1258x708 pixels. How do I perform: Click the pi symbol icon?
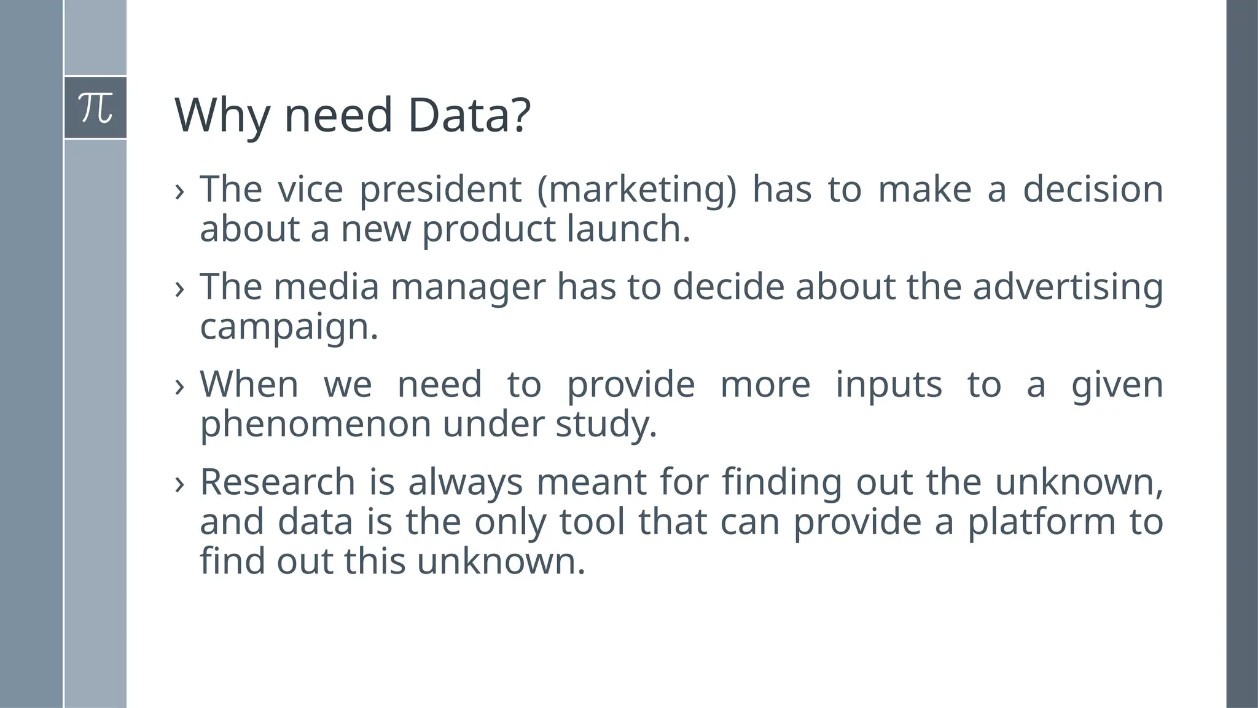coord(96,108)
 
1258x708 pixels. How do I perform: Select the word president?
coord(440,189)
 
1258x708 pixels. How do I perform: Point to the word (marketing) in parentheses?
coord(636,189)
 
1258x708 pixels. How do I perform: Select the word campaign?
coord(289,327)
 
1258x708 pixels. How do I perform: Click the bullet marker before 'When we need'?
coord(179,387)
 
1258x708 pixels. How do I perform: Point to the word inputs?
coord(888,385)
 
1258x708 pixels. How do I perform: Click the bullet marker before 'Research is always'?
coord(179,484)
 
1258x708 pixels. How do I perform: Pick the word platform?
coord(1042,522)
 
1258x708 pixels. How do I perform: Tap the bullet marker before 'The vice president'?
coord(179,191)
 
